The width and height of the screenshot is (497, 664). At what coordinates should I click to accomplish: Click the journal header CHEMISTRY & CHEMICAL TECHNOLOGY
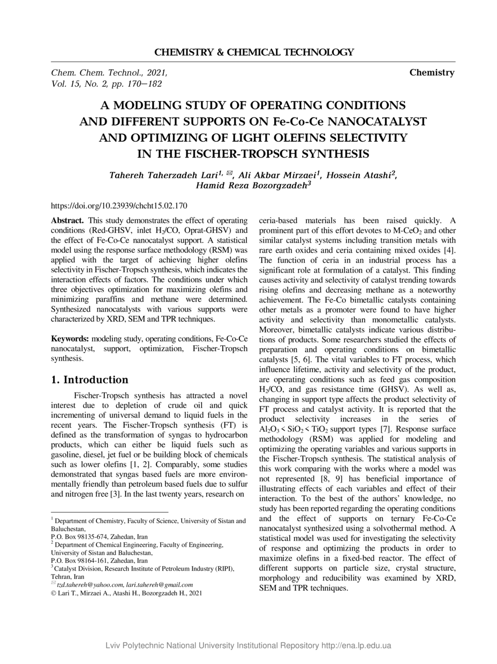coord(254,52)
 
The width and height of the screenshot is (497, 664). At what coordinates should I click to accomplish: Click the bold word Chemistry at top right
coord(432,72)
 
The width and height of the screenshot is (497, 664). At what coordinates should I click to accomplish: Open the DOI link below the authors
coord(118,205)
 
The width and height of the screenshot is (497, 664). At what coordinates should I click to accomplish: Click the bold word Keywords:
coord(70,339)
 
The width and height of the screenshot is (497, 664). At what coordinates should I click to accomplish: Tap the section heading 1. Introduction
coord(89,380)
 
